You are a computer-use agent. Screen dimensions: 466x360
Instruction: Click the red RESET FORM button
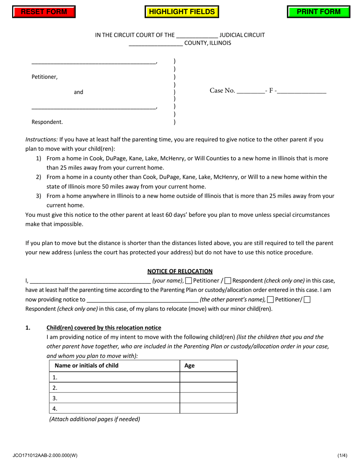pos(44,12)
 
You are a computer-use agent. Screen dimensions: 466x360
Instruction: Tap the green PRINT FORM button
pos(318,12)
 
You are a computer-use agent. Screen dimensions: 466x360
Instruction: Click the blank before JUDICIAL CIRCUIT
pos(197,36)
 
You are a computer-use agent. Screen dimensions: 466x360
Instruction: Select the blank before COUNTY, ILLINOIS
pos(156,44)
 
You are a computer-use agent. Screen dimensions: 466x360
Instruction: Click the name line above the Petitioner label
pos(94,62)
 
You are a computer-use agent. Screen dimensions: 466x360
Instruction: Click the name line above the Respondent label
pos(94,107)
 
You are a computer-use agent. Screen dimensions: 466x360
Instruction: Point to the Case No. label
pos(222,91)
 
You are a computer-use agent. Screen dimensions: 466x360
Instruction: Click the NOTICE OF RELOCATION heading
pos(180,271)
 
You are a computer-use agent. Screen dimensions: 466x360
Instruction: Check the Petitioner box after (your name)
pos(188,281)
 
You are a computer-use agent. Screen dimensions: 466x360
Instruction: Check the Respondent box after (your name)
pos(228,281)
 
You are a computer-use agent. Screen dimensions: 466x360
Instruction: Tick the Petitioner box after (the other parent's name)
pos(270,300)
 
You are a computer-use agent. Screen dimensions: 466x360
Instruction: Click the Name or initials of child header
pos(87,366)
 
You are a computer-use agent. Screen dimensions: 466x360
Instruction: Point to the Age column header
pos(189,366)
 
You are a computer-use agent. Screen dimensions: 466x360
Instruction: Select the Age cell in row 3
pos(208,398)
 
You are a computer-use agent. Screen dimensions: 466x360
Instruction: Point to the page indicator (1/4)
pos(342,456)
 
